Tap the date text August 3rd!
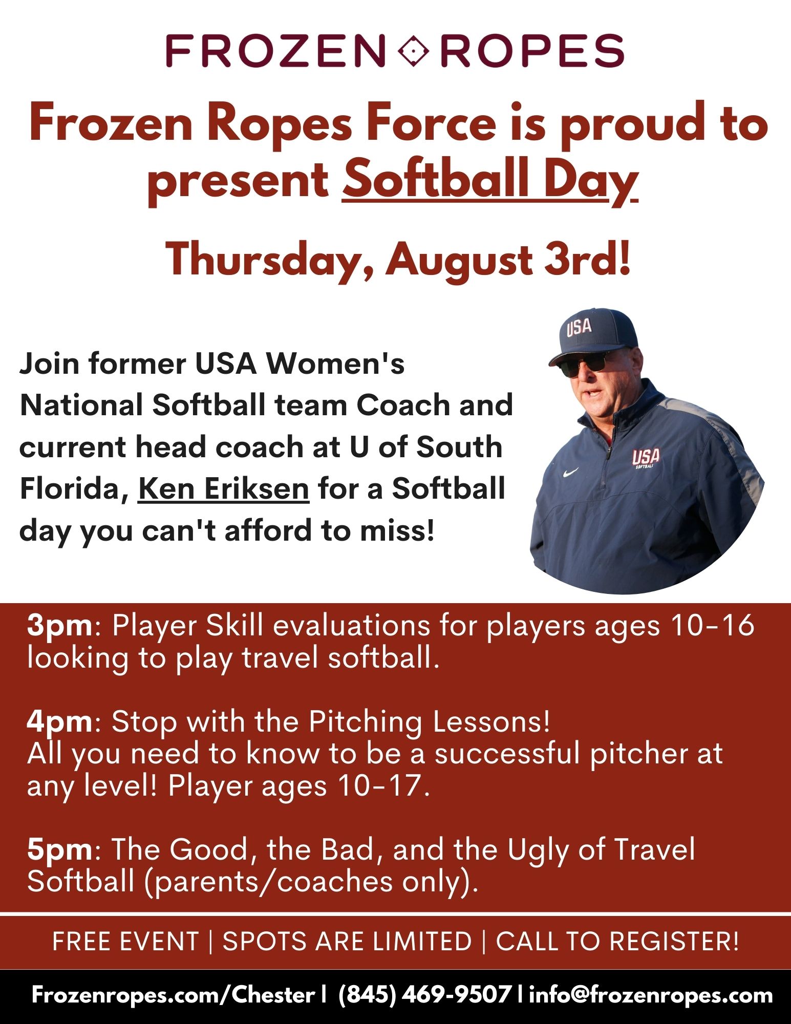tap(508, 260)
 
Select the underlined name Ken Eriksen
tap(223, 488)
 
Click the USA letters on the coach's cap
tap(579, 327)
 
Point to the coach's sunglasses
tap(582, 365)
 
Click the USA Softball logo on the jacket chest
tap(645, 458)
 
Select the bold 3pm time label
tap(60, 626)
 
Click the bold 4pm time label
tap(60, 722)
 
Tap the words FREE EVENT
tap(125, 942)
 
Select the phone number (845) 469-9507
tap(424, 995)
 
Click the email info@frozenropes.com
tap(651, 995)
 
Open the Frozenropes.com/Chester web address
tap(173, 995)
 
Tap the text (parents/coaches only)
tap(311, 882)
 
